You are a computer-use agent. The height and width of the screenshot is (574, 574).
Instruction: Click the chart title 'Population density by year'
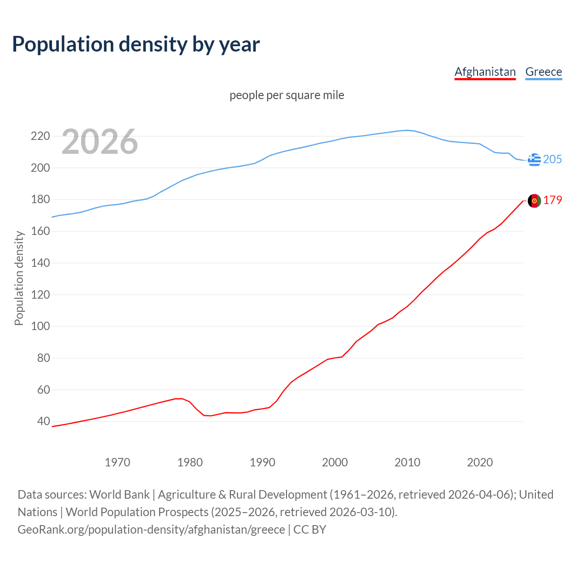click(136, 44)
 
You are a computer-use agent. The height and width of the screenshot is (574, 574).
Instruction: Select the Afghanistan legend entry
click(485, 72)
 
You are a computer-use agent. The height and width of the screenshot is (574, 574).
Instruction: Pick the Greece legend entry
click(544, 72)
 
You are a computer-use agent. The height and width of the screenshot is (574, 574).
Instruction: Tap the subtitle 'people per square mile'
click(287, 95)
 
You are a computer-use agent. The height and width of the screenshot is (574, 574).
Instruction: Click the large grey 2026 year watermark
click(100, 142)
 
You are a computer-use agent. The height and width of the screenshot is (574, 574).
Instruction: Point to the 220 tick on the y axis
click(40, 136)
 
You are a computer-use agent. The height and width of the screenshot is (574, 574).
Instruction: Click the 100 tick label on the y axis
click(40, 326)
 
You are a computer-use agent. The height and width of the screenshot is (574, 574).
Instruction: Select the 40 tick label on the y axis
click(43, 421)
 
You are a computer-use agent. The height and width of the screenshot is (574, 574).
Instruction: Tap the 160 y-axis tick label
click(40, 231)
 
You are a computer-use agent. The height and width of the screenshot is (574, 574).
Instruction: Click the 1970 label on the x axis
click(117, 462)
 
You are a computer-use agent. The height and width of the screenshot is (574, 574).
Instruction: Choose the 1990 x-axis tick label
click(262, 462)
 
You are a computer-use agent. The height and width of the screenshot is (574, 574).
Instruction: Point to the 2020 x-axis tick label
click(480, 462)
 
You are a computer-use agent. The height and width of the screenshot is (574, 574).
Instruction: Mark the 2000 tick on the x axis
click(335, 462)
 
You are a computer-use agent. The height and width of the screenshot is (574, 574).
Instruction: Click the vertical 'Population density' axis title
click(19, 278)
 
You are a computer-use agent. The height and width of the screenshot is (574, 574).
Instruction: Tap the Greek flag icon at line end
click(534, 160)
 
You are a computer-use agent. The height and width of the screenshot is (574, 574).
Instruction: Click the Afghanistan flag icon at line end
click(534, 201)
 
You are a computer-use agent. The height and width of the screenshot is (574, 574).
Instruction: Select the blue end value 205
click(552, 160)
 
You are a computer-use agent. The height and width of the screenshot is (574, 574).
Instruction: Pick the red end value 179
click(552, 200)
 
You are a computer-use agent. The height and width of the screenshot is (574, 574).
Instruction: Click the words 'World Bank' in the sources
click(119, 495)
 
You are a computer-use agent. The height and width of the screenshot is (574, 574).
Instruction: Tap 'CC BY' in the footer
click(310, 530)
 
